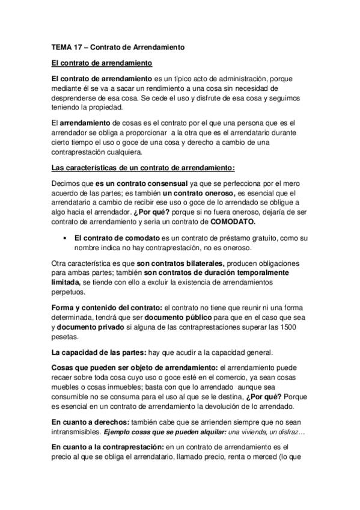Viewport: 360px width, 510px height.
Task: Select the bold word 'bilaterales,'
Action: pos(200,264)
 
